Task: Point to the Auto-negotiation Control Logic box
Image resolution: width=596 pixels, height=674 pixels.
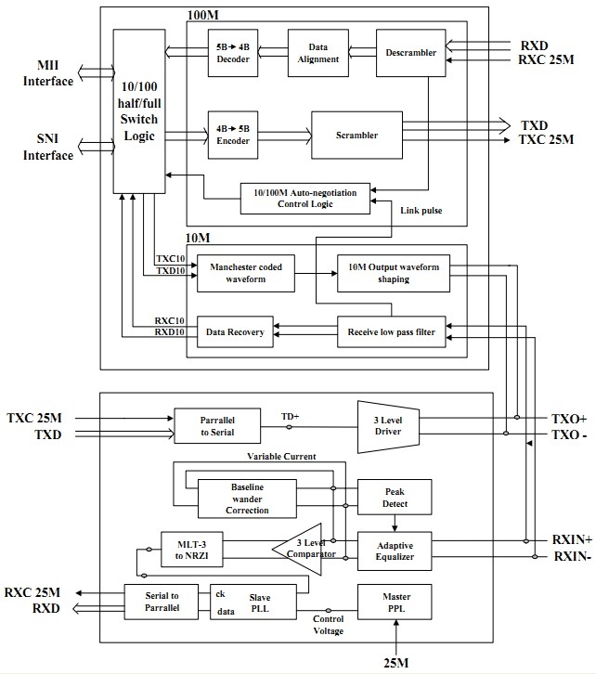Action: point(304,197)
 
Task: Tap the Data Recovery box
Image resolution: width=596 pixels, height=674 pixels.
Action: point(235,332)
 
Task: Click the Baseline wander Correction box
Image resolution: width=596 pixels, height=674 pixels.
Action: point(248,499)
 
